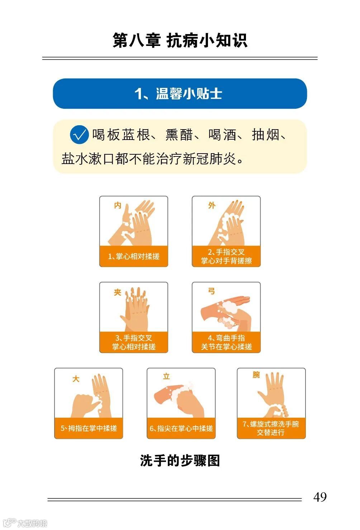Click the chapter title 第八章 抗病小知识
180,41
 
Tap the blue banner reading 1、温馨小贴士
180,93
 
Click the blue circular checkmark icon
79,135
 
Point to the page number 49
320,497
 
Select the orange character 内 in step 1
118,205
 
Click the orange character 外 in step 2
212,205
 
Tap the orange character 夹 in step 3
118,292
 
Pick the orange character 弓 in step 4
211,291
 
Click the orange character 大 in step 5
76,379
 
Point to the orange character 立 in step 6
166,376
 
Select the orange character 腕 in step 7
256,375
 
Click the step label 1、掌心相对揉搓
134,256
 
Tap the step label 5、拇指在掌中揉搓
89,428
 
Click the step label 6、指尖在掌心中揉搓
181,428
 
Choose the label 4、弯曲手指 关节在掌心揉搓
226,342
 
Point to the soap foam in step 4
228,307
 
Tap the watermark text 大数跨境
32,523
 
